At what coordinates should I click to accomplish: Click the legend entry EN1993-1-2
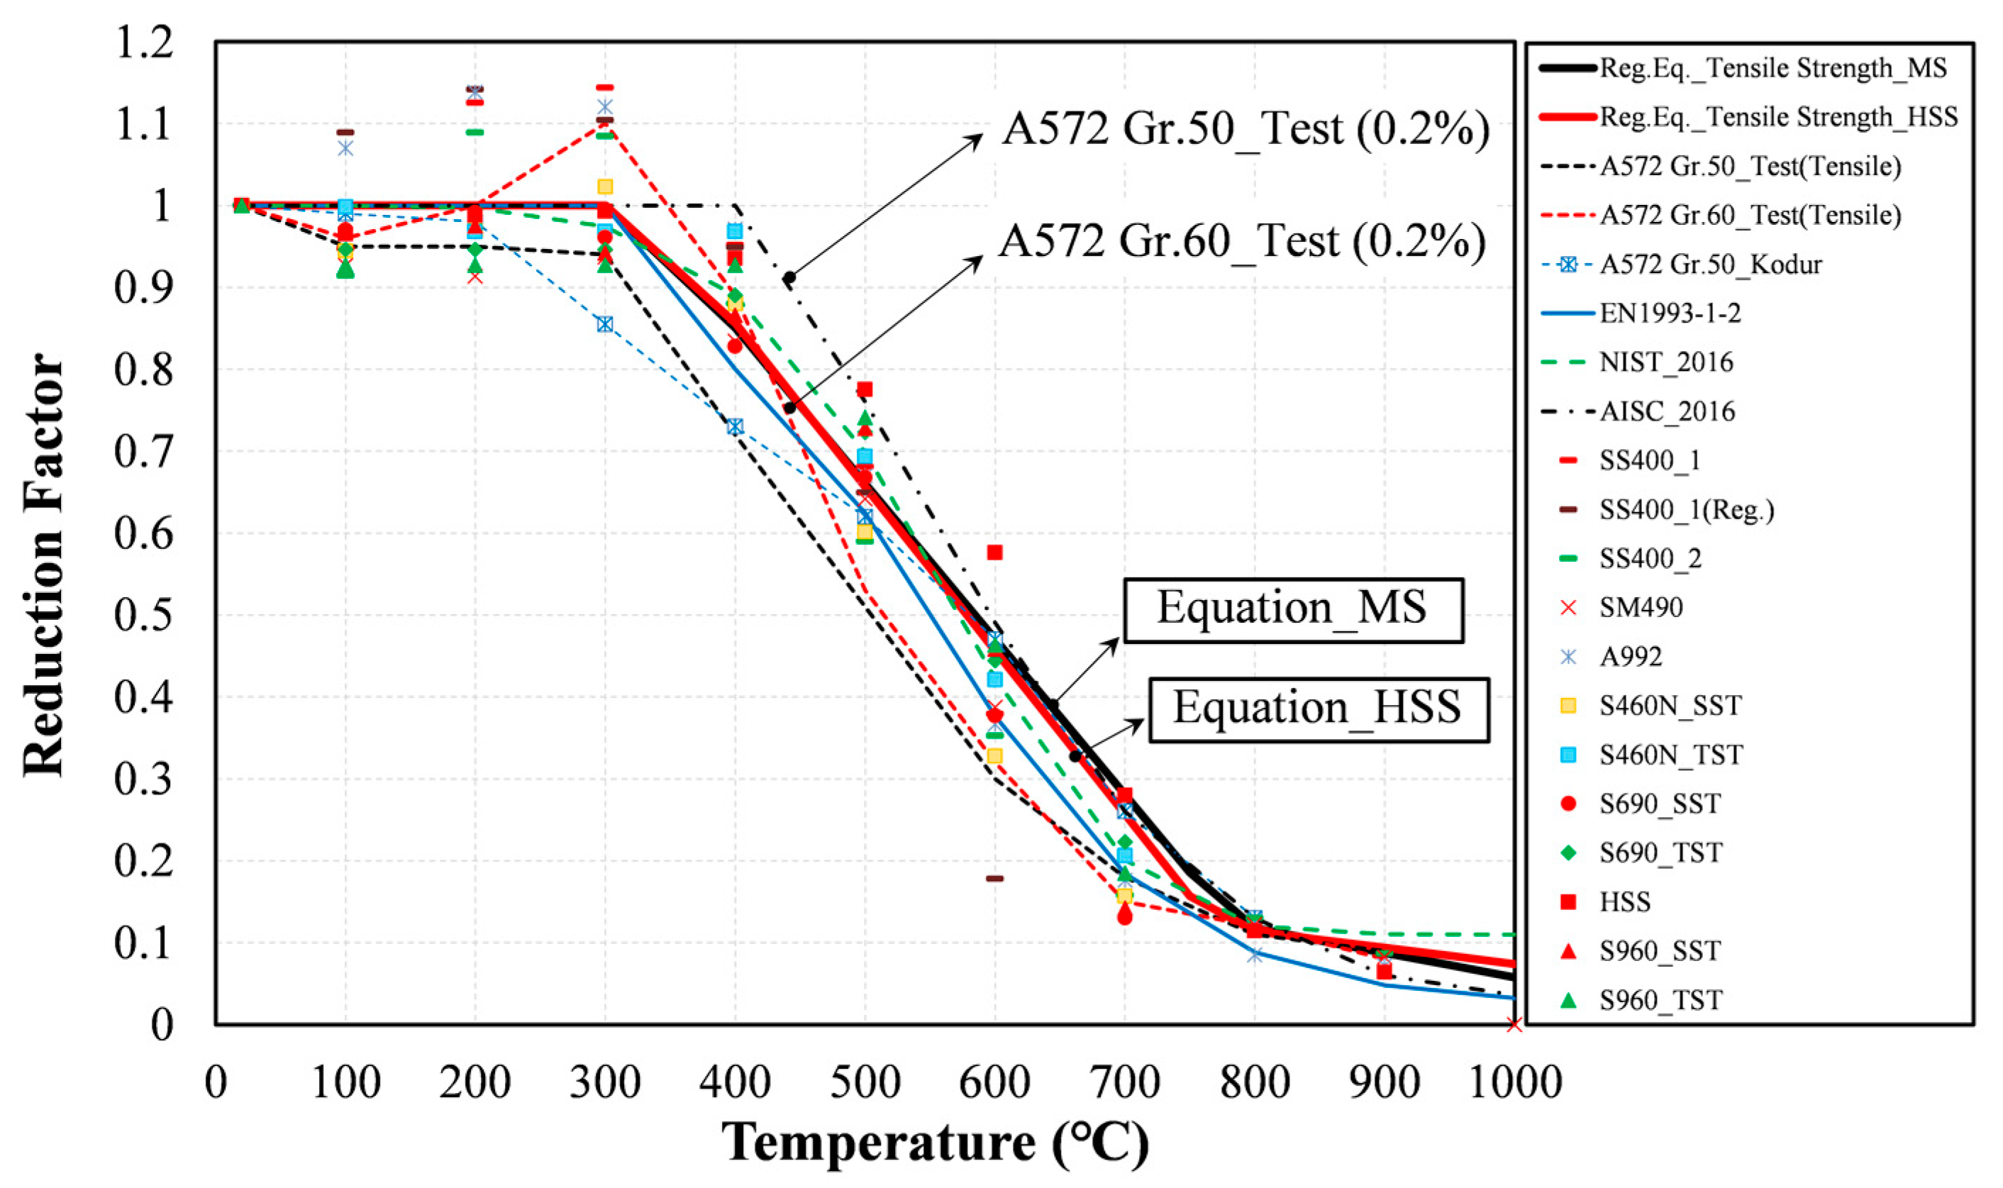point(1669,313)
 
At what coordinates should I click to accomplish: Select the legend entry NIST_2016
point(1665,362)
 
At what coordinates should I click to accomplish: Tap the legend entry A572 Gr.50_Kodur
point(1709,264)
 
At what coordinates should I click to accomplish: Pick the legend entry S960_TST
point(1660,1001)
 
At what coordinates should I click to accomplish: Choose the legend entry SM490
point(1641,608)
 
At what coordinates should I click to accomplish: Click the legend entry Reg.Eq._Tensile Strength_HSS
point(1777,117)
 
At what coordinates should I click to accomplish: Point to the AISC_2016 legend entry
point(1667,411)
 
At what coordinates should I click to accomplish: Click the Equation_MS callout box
point(1293,609)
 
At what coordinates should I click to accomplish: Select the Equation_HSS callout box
point(1319,709)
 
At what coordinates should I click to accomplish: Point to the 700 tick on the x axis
point(1125,1083)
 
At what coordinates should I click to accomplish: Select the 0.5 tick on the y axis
point(143,616)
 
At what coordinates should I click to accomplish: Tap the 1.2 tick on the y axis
point(143,42)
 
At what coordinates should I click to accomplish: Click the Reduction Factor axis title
point(43,565)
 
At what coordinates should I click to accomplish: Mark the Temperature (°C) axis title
point(934,1142)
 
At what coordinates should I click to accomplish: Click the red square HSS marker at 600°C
point(994,553)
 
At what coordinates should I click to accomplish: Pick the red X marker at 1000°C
point(1513,1025)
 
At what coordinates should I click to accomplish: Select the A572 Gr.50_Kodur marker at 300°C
point(604,324)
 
